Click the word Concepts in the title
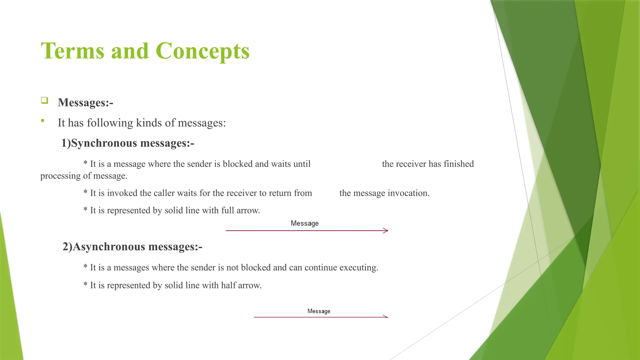[x=202, y=51]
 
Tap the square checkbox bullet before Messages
[x=44, y=100]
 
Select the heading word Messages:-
[x=85, y=102]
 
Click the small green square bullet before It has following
[x=42, y=121]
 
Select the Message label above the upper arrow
[x=304, y=223]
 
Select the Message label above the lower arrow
[x=319, y=311]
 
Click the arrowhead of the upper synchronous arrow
[x=386, y=231]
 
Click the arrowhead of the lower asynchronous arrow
[x=386, y=317]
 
